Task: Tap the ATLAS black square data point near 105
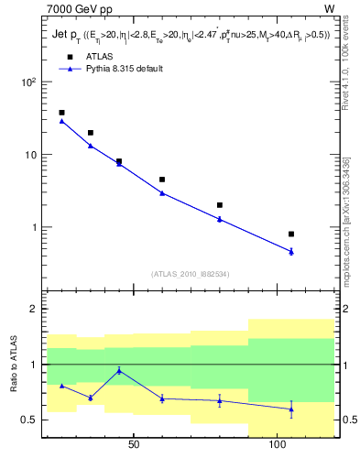point(291,234)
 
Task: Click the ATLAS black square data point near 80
point(220,205)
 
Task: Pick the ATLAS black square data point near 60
point(162,180)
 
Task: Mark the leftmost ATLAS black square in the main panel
point(61,113)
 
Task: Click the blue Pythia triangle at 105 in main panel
point(291,251)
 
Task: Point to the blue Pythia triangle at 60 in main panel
point(162,192)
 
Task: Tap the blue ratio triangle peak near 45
point(119,370)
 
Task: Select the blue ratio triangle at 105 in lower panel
point(291,409)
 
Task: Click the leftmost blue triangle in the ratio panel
point(61,386)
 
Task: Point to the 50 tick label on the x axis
point(134,445)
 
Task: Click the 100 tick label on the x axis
point(278,445)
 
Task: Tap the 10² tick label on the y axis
point(27,82)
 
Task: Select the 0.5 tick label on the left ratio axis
point(29,420)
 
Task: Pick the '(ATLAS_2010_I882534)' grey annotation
point(190,274)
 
